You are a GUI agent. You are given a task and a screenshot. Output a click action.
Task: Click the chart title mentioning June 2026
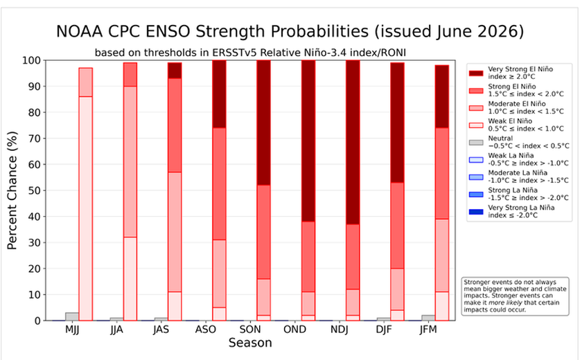290,32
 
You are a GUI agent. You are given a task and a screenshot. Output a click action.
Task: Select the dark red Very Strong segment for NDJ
353,143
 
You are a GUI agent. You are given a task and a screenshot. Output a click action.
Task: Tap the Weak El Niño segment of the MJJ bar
86,208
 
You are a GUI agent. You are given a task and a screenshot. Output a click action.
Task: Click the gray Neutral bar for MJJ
72,316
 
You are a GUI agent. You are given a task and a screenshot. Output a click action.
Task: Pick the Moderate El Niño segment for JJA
130,161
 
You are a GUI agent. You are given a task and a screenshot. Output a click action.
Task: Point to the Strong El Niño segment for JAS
175,125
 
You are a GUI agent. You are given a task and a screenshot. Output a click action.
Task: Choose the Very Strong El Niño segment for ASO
219,94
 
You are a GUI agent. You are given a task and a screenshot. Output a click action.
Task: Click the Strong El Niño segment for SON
263,232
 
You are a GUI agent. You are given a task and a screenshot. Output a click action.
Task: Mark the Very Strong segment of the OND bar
308,141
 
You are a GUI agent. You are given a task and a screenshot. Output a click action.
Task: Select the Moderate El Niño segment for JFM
442,255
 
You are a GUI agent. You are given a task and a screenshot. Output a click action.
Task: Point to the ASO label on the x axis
206,330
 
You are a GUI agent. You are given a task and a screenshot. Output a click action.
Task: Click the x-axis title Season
250,343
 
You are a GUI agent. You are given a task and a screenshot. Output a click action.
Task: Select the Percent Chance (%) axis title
12,190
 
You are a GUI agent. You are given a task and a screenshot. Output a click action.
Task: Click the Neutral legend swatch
476,143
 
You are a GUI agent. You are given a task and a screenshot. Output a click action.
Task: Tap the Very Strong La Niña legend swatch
476,212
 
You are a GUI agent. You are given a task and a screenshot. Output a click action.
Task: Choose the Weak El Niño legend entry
516,125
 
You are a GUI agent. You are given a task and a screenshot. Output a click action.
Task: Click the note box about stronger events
515,296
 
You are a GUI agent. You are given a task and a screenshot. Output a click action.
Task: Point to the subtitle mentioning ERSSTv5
250,53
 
